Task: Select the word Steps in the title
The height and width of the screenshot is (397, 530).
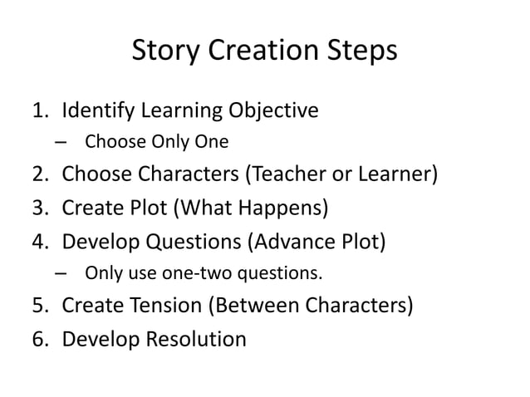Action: coord(358,52)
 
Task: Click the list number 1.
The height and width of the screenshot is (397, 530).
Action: coord(39,110)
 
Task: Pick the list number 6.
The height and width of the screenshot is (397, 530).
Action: coord(39,339)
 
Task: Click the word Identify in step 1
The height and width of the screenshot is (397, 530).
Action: coord(103,110)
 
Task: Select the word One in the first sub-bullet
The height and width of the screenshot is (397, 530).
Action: coord(211,142)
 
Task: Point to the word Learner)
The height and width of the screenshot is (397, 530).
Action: coord(399,176)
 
